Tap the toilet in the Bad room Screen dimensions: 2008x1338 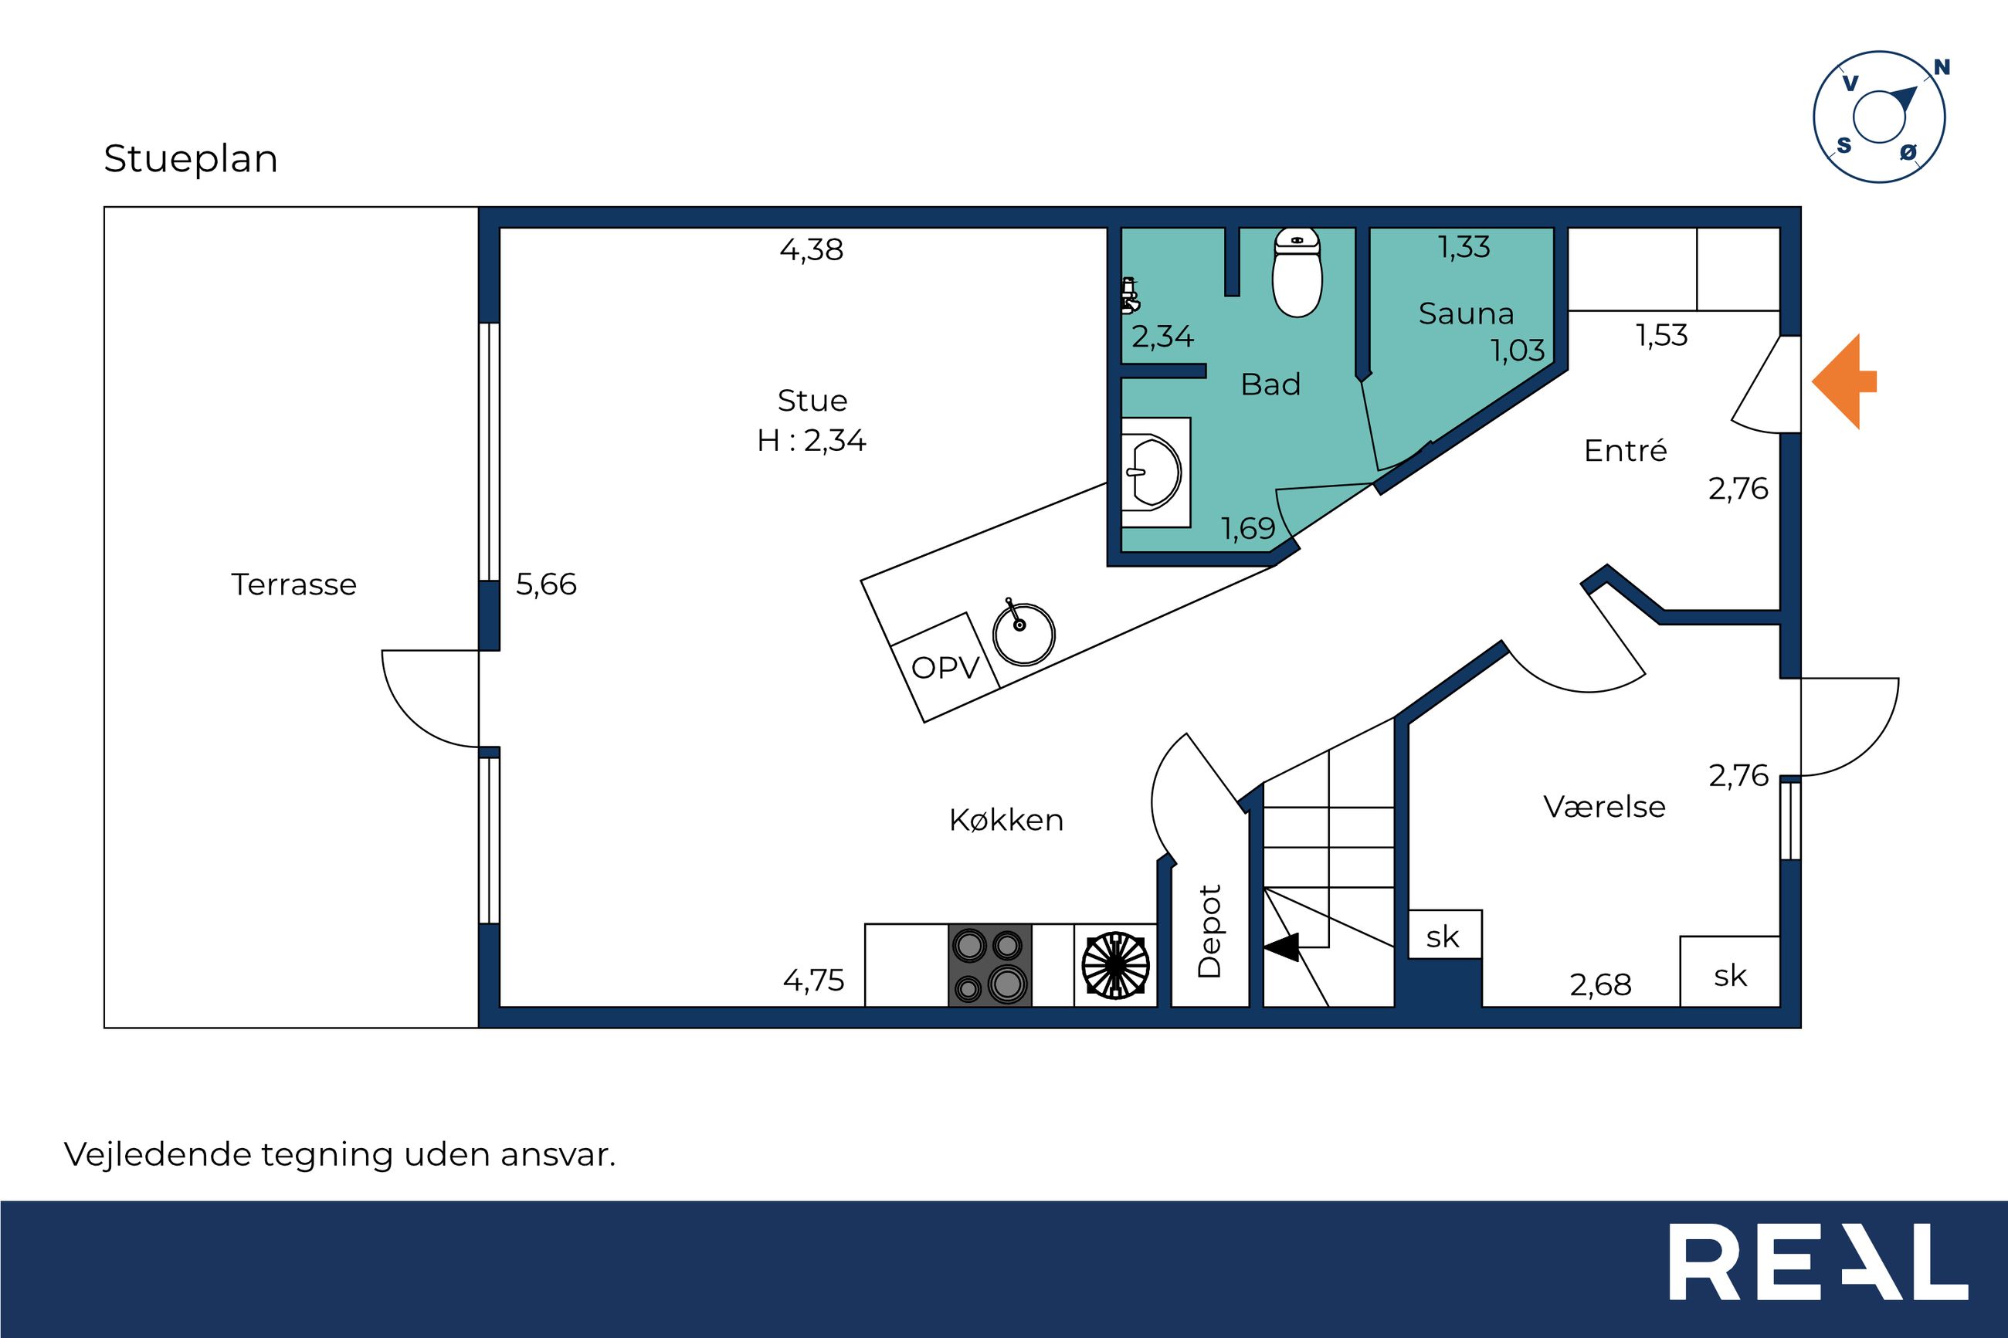pyautogui.click(x=1297, y=271)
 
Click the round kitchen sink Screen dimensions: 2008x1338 pyautogui.click(x=1023, y=632)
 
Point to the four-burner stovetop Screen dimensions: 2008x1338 pyautogui.click(x=990, y=965)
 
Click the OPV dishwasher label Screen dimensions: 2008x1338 pyautogui.click(x=945, y=667)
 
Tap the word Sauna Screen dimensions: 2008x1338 pyautogui.click(x=1466, y=314)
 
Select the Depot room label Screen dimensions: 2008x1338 pyautogui.click(x=1209, y=931)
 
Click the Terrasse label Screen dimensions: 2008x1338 pyautogui.click(x=293, y=584)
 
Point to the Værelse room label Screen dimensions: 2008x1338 pyautogui.click(x=1604, y=806)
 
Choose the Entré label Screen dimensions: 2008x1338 pyautogui.click(x=1625, y=449)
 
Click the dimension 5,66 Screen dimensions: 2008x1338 pyautogui.click(x=546, y=584)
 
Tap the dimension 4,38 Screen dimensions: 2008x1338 pyautogui.click(x=812, y=249)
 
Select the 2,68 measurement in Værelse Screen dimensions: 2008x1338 pyautogui.click(x=1600, y=984)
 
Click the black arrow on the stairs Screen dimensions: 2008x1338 pyautogui.click(x=1281, y=947)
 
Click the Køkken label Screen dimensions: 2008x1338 pyautogui.click(x=1006, y=820)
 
